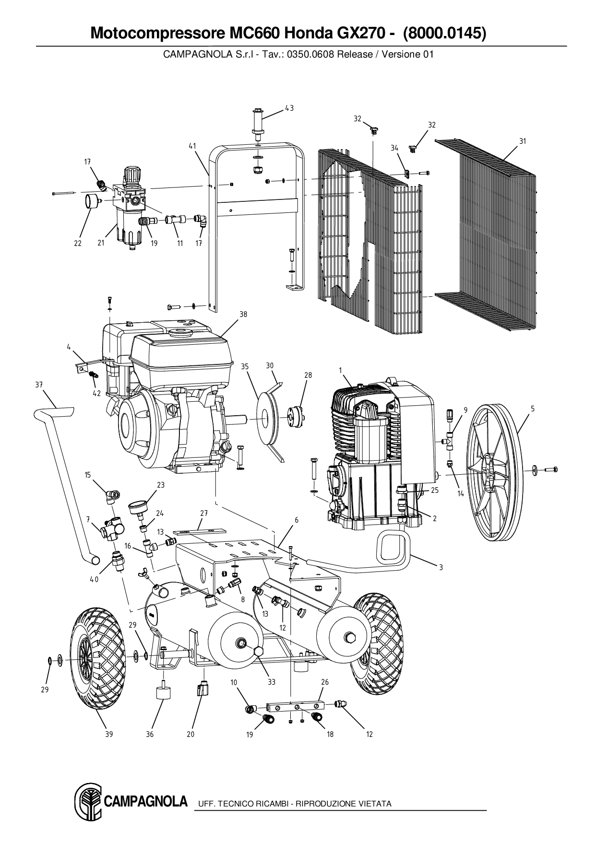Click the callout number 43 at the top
coord(289,108)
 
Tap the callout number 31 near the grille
coord(523,141)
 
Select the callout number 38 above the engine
coord(243,315)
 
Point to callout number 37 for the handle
coord(39,385)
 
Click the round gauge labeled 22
coord(90,201)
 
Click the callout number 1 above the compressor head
coord(340,370)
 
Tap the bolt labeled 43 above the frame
coord(258,122)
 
